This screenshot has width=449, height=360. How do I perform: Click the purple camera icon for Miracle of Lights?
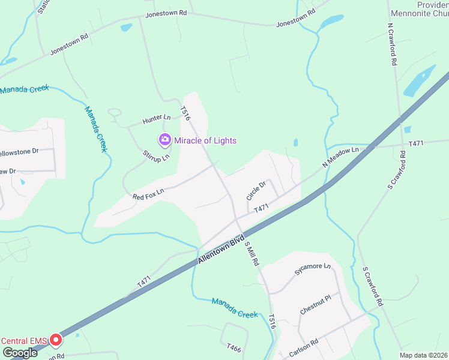(x=164, y=140)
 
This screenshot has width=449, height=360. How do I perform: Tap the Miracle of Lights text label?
(x=205, y=140)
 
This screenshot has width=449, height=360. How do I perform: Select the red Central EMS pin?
(x=56, y=340)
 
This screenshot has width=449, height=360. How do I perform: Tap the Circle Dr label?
(x=255, y=191)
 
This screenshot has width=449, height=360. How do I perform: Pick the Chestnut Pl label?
(x=316, y=304)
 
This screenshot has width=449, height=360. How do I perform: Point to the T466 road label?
(x=234, y=347)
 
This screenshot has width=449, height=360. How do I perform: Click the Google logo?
(x=19, y=353)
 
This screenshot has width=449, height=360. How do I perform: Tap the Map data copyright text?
(x=423, y=355)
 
